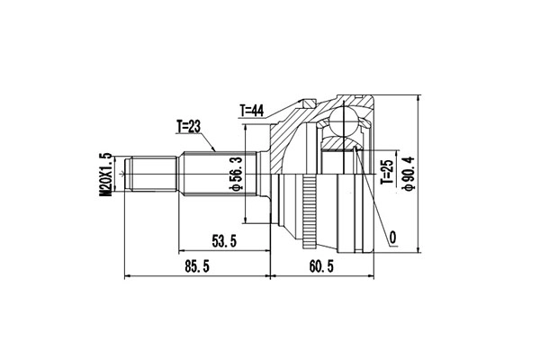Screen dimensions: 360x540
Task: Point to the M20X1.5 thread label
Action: click(x=106, y=175)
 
